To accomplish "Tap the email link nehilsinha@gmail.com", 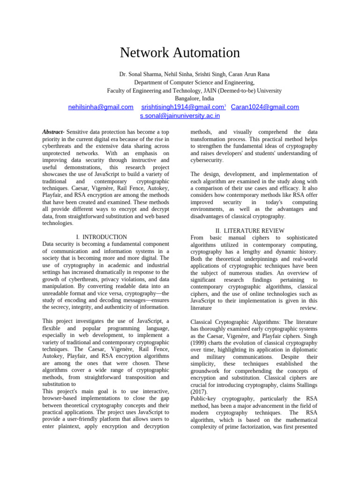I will pos(100,107).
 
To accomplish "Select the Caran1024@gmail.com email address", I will pos(265,107).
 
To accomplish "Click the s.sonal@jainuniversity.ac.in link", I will pos(180,116).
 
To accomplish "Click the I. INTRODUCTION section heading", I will pos(101,237).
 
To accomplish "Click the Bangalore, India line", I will pos(194,98).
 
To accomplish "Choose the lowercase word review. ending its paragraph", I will pos(308,308).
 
